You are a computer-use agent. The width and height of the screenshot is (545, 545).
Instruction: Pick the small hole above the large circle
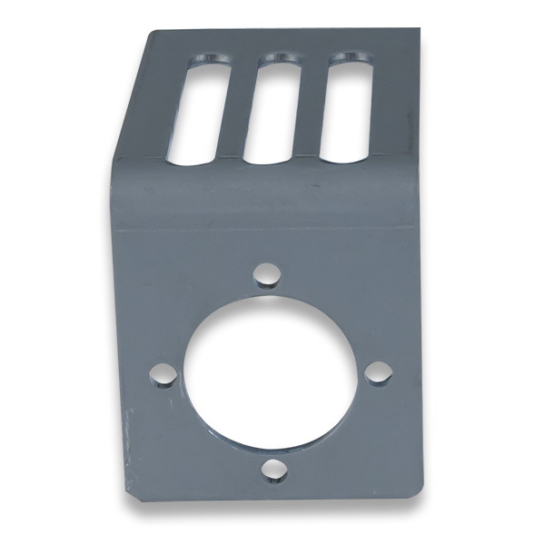point(266,272)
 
